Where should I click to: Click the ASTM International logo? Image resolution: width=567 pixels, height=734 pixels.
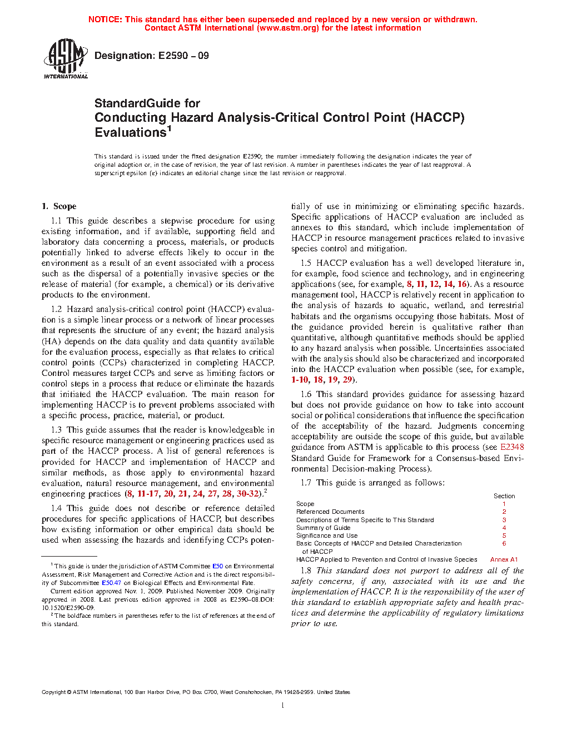[x=66, y=58]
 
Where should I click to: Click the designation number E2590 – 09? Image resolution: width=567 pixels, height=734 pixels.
[x=183, y=56]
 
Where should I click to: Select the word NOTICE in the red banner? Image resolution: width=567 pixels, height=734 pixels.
[x=105, y=19]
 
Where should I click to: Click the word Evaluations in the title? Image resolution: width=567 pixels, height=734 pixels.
[x=131, y=133]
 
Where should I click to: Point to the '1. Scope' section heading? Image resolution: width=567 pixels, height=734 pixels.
[x=59, y=206]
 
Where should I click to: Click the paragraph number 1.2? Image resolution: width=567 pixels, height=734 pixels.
[x=56, y=309]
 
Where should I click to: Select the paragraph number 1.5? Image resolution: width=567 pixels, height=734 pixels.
[x=306, y=263]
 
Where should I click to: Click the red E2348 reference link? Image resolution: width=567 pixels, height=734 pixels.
[x=512, y=447]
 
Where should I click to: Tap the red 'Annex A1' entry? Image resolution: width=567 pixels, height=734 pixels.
[x=504, y=559]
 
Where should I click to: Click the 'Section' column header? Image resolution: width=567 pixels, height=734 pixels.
[x=504, y=496]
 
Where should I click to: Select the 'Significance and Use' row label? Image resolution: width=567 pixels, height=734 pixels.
[x=327, y=535]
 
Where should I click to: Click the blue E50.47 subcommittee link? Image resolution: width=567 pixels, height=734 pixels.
[x=111, y=583]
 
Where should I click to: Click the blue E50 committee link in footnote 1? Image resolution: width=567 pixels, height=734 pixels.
[x=217, y=566]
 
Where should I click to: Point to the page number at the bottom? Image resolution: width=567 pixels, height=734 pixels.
[x=283, y=706]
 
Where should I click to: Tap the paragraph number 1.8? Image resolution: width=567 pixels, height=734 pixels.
[x=306, y=571]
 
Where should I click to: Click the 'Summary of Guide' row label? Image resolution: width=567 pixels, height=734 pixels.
[x=323, y=528]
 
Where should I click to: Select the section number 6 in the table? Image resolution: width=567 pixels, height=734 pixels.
[x=504, y=543]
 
